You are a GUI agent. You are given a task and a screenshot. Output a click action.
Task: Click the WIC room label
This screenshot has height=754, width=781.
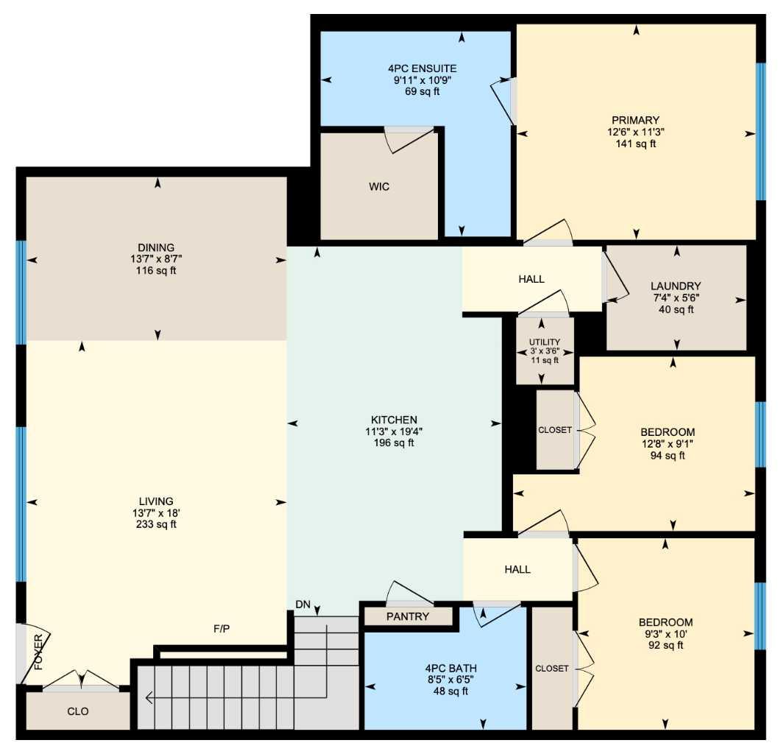click(x=379, y=187)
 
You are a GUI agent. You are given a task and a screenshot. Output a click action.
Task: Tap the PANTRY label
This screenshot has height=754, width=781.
click(x=407, y=616)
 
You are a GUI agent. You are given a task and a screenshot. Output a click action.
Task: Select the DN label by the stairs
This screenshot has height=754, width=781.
click(x=303, y=605)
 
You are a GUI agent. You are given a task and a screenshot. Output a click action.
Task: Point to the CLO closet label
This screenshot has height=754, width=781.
click(x=77, y=711)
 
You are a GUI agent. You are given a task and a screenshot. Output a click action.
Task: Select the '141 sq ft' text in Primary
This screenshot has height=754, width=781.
click(x=635, y=144)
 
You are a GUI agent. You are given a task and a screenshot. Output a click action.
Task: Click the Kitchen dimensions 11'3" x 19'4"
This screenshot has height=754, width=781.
click(x=394, y=431)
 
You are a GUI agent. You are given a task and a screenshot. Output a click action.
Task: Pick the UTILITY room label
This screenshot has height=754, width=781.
click(x=545, y=342)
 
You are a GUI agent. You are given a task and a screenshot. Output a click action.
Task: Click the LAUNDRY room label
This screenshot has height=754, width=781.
click(x=676, y=286)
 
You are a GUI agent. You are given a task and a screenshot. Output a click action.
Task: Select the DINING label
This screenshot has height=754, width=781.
click(x=156, y=247)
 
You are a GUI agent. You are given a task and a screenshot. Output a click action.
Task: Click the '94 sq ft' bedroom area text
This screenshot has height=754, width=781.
click(x=667, y=455)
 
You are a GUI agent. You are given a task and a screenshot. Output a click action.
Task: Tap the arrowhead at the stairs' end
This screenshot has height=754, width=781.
click(x=150, y=697)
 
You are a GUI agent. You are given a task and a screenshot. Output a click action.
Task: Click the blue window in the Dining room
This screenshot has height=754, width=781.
click(x=21, y=292)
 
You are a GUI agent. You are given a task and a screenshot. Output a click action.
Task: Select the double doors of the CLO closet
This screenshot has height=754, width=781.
click(x=81, y=681)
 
